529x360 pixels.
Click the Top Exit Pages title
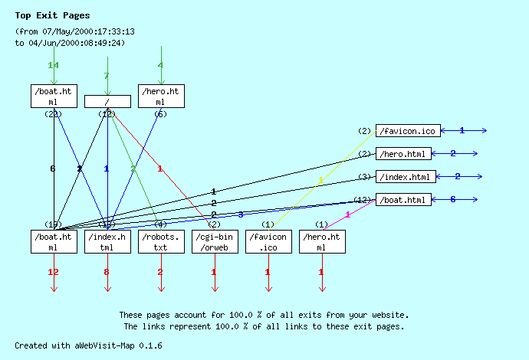click(52, 15)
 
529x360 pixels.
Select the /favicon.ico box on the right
click(408, 131)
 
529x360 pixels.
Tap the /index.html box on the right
click(406, 177)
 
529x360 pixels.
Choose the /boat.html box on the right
click(403, 200)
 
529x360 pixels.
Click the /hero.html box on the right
click(403, 154)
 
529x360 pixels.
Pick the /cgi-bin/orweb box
click(215, 242)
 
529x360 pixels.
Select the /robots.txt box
click(161, 242)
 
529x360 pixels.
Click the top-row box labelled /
click(107, 101)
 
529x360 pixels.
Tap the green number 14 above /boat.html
click(53, 65)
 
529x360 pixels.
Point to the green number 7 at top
click(107, 76)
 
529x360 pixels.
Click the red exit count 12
click(53, 272)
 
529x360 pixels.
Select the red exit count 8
click(107, 272)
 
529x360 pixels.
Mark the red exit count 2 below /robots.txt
click(160, 272)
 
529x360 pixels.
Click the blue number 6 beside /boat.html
click(453, 199)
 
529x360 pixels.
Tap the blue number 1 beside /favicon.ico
click(462, 130)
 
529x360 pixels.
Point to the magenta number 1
click(347, 214)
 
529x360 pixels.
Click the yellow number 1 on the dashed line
click(320, 181)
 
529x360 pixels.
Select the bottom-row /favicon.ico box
click(268, 242)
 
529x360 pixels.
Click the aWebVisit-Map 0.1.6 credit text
click(88, 345)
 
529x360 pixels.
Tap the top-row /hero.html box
click(161, 96)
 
